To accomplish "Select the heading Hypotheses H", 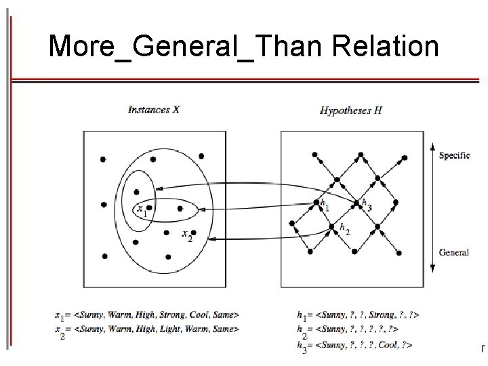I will point(351,110).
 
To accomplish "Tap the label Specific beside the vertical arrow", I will point(455,155).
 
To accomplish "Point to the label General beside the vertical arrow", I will point(454,252).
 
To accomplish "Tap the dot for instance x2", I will point(193,232).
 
